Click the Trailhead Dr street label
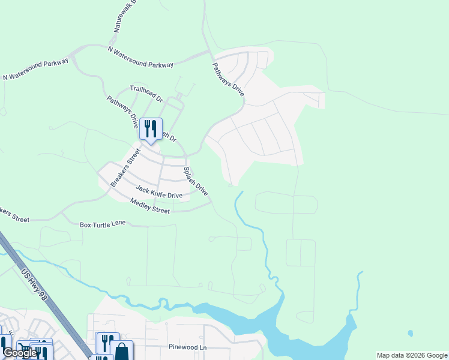(x=146, y=93)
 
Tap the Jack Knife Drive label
(x=158, y=191)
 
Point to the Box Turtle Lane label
(x=103, y=224)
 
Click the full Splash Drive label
(x=196, y=181)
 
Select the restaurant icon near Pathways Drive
(x=151, y=129)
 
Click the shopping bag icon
(x=121, y=352)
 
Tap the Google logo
(x=20, y=353)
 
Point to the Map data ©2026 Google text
(x=412, y=355)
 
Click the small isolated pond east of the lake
(x=410, y=333)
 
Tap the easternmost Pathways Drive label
(x=228, y=79)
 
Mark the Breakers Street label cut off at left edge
(x=13, y=215)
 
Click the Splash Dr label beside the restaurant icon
(x=168, y=136)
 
